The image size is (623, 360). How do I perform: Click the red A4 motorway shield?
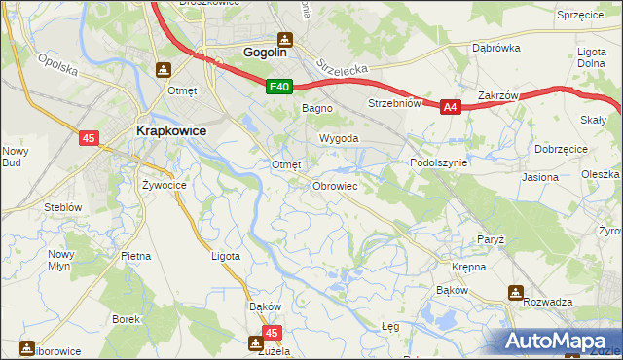[x=450, y=108]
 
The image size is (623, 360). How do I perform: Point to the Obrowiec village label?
[x=336, y=185]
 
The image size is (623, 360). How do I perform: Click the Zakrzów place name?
[x=497, y=96]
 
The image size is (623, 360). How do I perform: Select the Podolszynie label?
[x=439, y=163]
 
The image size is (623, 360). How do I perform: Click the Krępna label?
[x=468, y=266]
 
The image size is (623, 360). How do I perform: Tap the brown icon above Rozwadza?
[x=514, y=292]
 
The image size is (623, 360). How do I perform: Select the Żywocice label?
[x=164, y=184]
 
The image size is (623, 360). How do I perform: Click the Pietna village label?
[x=136, y=256]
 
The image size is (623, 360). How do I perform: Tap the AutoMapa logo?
[x=558, y=341]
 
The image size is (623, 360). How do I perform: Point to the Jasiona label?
[x=540, y=178]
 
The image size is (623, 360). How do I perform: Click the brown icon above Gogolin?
[x=284, y=40]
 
